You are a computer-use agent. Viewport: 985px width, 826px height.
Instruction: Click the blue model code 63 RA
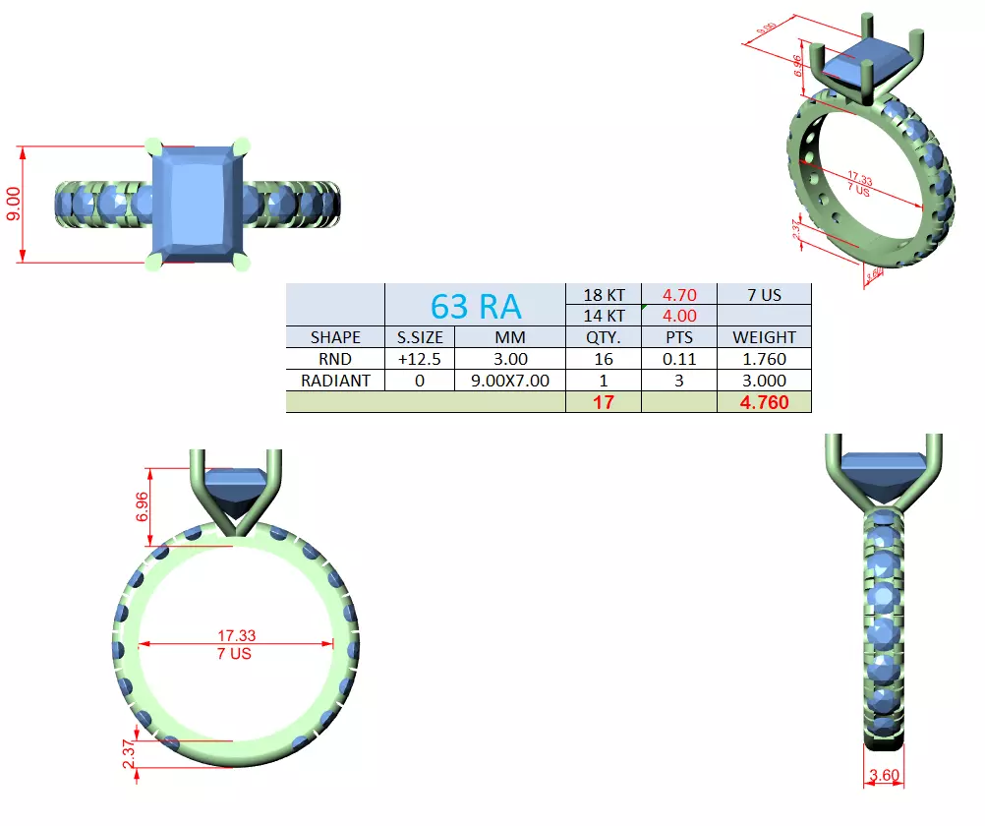click(476, 306)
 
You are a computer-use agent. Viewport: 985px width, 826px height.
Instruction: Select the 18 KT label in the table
click(604, 294)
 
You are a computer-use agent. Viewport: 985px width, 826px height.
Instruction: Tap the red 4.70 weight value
click(679, 294)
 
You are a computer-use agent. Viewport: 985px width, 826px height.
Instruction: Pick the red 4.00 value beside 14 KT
click(679, 316)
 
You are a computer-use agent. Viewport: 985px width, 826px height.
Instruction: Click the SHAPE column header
click(335, 337)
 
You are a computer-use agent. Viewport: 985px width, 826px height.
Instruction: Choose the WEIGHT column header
click(764, 337)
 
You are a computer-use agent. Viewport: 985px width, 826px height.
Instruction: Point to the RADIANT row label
click(335, 381)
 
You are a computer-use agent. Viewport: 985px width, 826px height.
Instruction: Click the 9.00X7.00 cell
click(510, 381)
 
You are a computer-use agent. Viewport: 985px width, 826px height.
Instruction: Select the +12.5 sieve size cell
click(420, 359)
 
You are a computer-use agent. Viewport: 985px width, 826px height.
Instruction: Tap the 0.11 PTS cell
click(679, 359)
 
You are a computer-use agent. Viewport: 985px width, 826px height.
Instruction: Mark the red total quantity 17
click(604, 402)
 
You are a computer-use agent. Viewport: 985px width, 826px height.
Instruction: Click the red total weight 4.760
click(764, 402)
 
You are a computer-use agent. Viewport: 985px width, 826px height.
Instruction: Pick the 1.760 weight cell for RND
click(764, 359)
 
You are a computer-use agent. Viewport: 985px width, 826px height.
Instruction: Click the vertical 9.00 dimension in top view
click(12, 205)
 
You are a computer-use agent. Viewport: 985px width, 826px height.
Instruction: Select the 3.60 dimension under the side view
click(885, 776)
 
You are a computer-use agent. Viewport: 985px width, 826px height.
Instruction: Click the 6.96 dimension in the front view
click(142, 506)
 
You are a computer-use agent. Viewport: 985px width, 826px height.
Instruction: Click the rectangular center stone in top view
click(200, 205)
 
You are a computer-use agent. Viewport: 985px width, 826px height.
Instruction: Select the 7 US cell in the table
click(764, 294)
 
